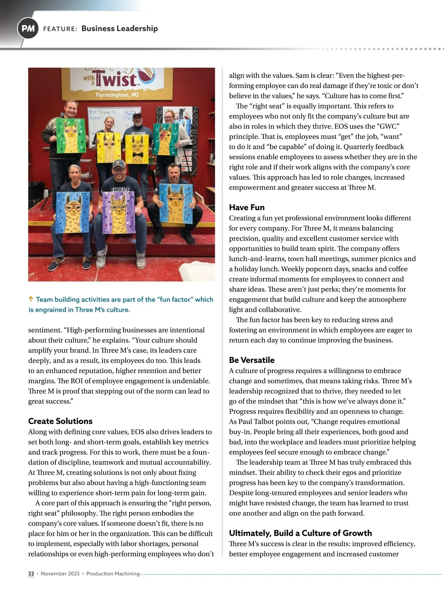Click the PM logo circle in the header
coord(28,28)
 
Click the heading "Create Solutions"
coord(60,421)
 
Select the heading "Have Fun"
coord(247,207)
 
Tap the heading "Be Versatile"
coord(252,360)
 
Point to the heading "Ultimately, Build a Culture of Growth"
coord(300,533)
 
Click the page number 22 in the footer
coord(31,573)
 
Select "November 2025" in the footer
coord(60,573)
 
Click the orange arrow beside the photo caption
coord(31,299)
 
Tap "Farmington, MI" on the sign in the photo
coord(117,95)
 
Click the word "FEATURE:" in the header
coord(60,29)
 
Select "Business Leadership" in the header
coord(120,28)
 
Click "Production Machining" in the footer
coord(113,573)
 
